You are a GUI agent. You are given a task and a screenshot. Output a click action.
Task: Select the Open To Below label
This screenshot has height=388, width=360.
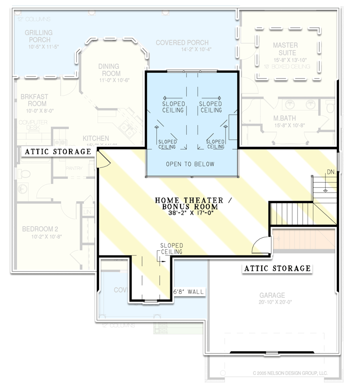190,164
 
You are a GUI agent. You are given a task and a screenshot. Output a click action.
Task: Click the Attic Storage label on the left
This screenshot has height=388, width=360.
58,152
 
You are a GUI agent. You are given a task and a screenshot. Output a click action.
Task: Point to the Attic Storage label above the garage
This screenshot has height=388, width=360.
277,268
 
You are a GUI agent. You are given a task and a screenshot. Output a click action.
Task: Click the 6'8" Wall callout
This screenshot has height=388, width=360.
189,291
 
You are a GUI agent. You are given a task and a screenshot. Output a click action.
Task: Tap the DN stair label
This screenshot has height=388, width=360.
330,172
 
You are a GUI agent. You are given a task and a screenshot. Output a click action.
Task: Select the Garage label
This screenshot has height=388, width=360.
272,295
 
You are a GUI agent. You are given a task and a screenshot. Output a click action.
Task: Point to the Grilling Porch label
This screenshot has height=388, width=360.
39,36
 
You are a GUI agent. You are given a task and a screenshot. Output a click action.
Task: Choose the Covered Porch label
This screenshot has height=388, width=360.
182,43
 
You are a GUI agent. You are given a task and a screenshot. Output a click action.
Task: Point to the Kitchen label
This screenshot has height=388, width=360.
96,138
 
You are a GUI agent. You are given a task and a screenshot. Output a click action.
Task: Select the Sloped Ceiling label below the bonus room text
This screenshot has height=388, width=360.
171,249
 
